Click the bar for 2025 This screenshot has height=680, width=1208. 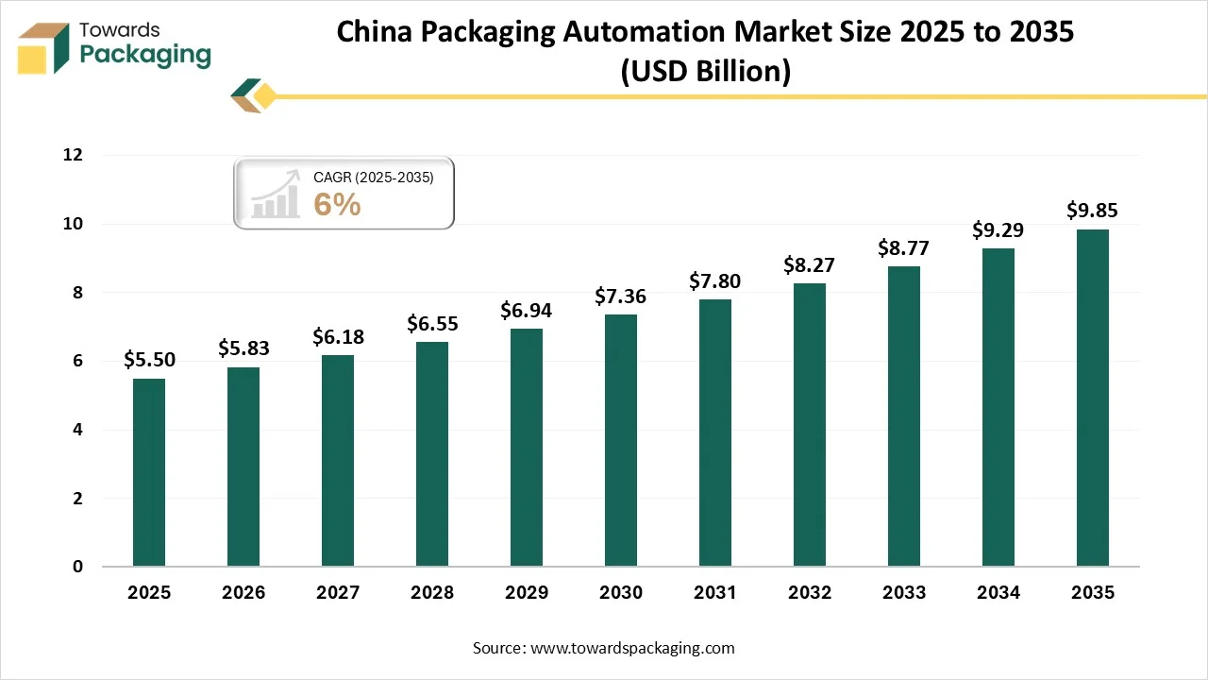(149, 472)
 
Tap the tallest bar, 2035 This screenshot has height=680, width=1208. (1093, 398)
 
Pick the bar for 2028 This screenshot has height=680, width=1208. (432, 454)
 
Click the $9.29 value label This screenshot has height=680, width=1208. (998, 229)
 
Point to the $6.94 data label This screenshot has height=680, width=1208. (527, 310)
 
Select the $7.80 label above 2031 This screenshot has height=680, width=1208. (715, 280)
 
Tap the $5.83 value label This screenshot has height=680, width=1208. (243, 348)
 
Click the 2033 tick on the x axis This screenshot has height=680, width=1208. (904, 593)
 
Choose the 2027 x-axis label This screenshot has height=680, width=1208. (338, 593)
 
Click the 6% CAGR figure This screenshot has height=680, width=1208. (338, 205)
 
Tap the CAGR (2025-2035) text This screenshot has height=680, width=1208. (373, 177)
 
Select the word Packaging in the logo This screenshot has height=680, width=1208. (145, 56)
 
